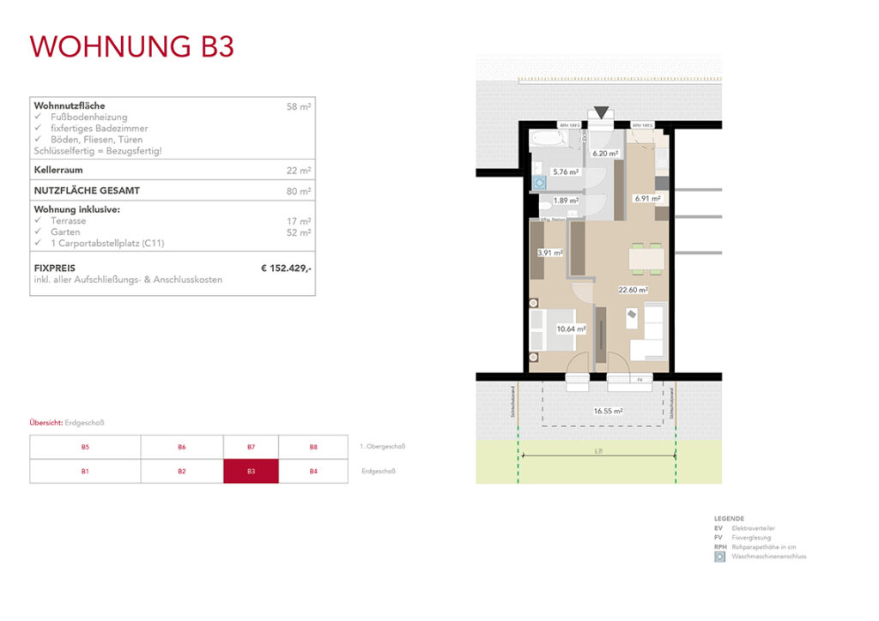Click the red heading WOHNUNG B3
(131, 46)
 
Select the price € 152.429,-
(286, 268)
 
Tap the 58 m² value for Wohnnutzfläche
(299, 107)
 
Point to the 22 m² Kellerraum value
(299, 171)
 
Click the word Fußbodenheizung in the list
(88, 118)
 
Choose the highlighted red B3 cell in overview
(251, 472)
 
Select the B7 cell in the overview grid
(251, 447)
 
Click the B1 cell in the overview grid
(85, 472)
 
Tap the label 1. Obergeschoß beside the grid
(382, 447)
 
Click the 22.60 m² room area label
(633, 290)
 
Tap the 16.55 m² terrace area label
(608, 411)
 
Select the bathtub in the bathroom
(546, 137)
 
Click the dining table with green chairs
(647, 257)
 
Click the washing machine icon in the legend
(719, 557)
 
